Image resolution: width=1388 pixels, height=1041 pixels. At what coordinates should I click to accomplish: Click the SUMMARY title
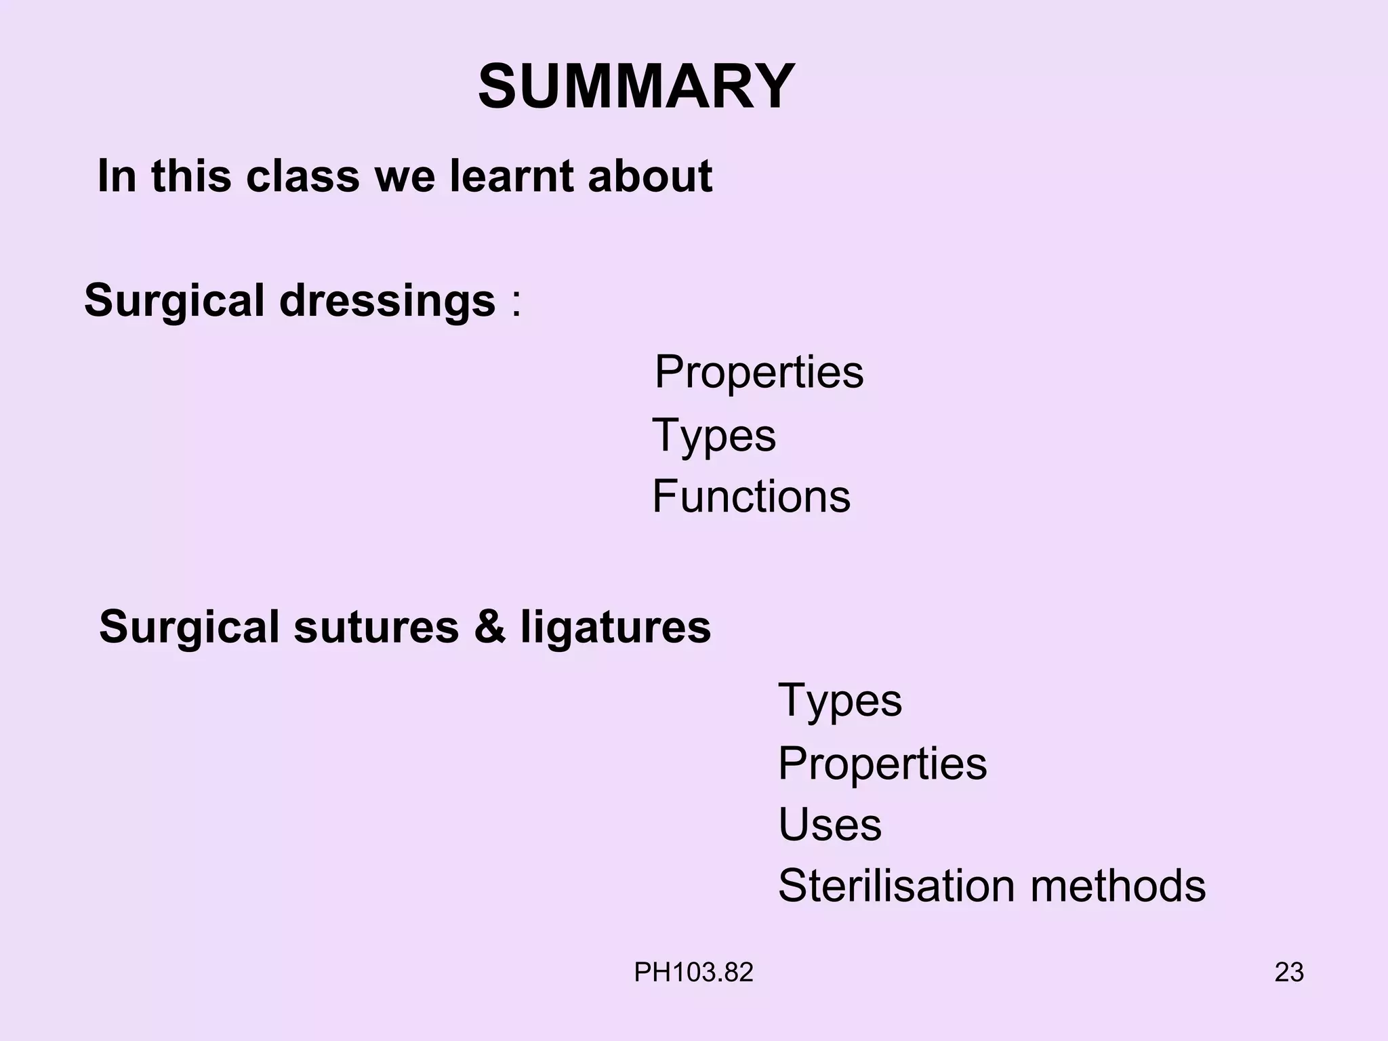tap(636, 87)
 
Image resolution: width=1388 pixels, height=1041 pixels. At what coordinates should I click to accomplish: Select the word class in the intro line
tap(302, 176)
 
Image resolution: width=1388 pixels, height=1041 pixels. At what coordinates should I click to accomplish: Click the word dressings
tap(387, 300)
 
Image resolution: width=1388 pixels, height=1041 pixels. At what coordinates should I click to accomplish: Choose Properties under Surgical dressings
tap(759, 372)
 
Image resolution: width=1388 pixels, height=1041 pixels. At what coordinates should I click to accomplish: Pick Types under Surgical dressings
tap(714, 435)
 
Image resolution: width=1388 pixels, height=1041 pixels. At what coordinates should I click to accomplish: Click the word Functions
tap(751, 496)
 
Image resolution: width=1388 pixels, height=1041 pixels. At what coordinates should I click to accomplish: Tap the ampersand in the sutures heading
tap(489, 626)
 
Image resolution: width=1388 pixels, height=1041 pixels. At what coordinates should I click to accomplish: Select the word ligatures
tap(615, 628)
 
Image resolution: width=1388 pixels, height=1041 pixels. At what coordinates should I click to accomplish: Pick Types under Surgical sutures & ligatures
tap(840, 701)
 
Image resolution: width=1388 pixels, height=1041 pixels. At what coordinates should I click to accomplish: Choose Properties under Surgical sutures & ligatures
tap(882, 764)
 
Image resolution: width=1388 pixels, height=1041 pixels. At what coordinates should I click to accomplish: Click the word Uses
tap(830, 825)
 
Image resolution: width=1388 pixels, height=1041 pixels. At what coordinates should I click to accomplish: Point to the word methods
tap(1118, 885)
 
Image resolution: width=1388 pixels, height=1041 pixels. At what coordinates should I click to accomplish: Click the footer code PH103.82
tap(693, 973)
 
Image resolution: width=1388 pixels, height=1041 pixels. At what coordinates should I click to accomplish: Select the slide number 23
tap(1289, 973)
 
